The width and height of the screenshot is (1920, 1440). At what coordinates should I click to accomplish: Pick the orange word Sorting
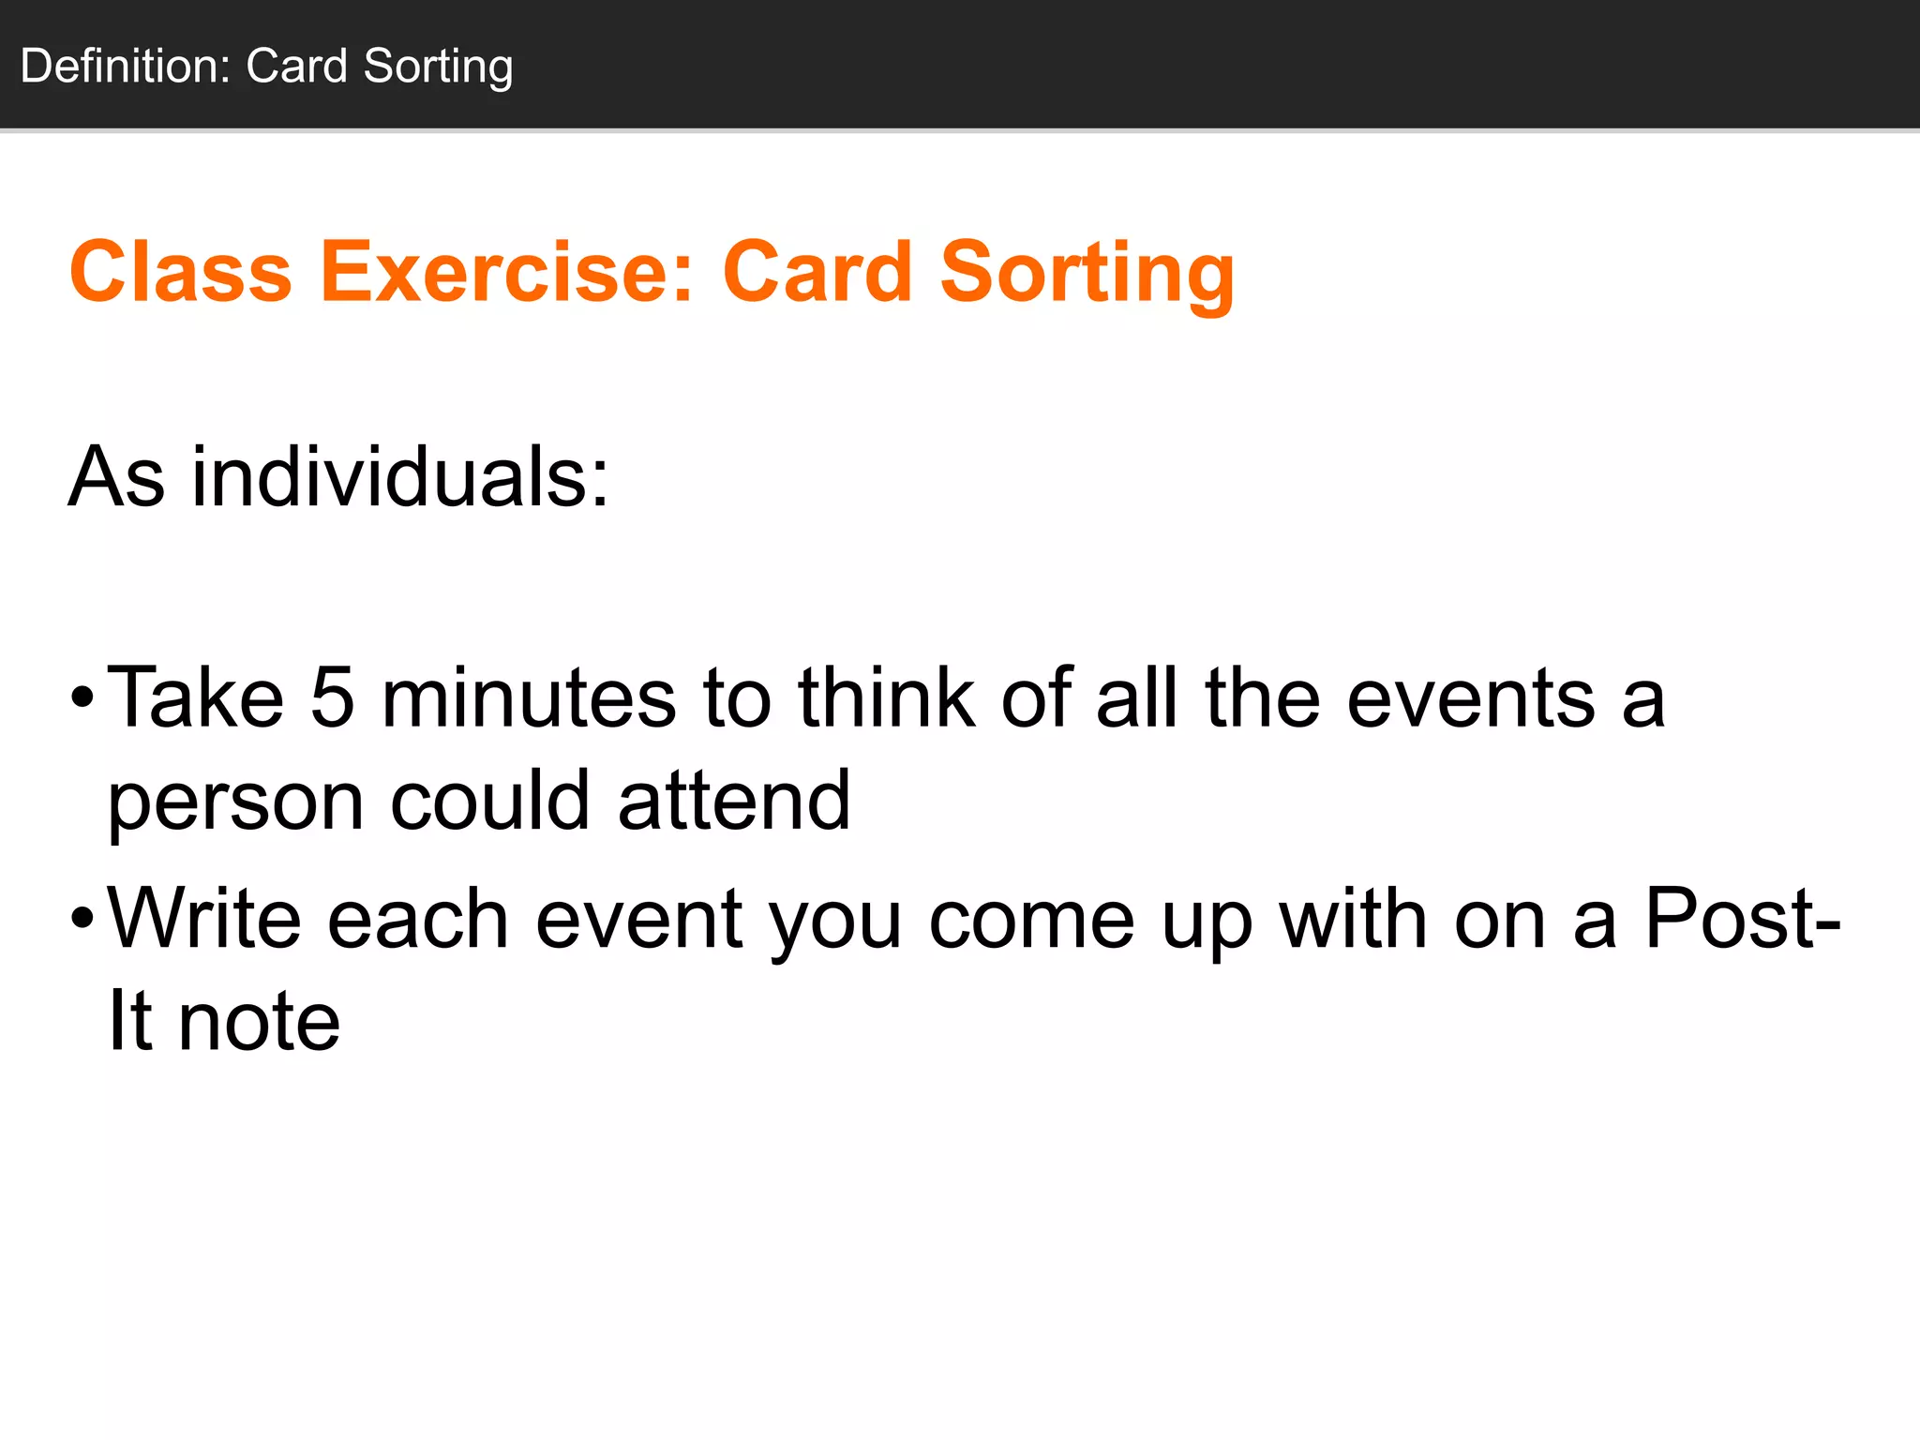[x=1087, y=274]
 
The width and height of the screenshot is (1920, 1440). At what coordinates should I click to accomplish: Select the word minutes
[x=529, y=698]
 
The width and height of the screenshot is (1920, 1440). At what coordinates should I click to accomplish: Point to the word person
[x=235, y=804]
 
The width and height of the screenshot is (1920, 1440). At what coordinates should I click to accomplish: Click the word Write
[x=204, y=919]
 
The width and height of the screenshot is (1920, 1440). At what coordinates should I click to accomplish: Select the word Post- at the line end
[x=1743, y=919]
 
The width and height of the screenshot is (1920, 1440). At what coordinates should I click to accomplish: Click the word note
[x=259, y=1021]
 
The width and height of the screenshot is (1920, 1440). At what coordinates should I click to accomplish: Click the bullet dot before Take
[x=82, y=698]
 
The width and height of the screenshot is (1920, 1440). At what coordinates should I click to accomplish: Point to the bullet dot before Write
[x=82, y=919]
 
